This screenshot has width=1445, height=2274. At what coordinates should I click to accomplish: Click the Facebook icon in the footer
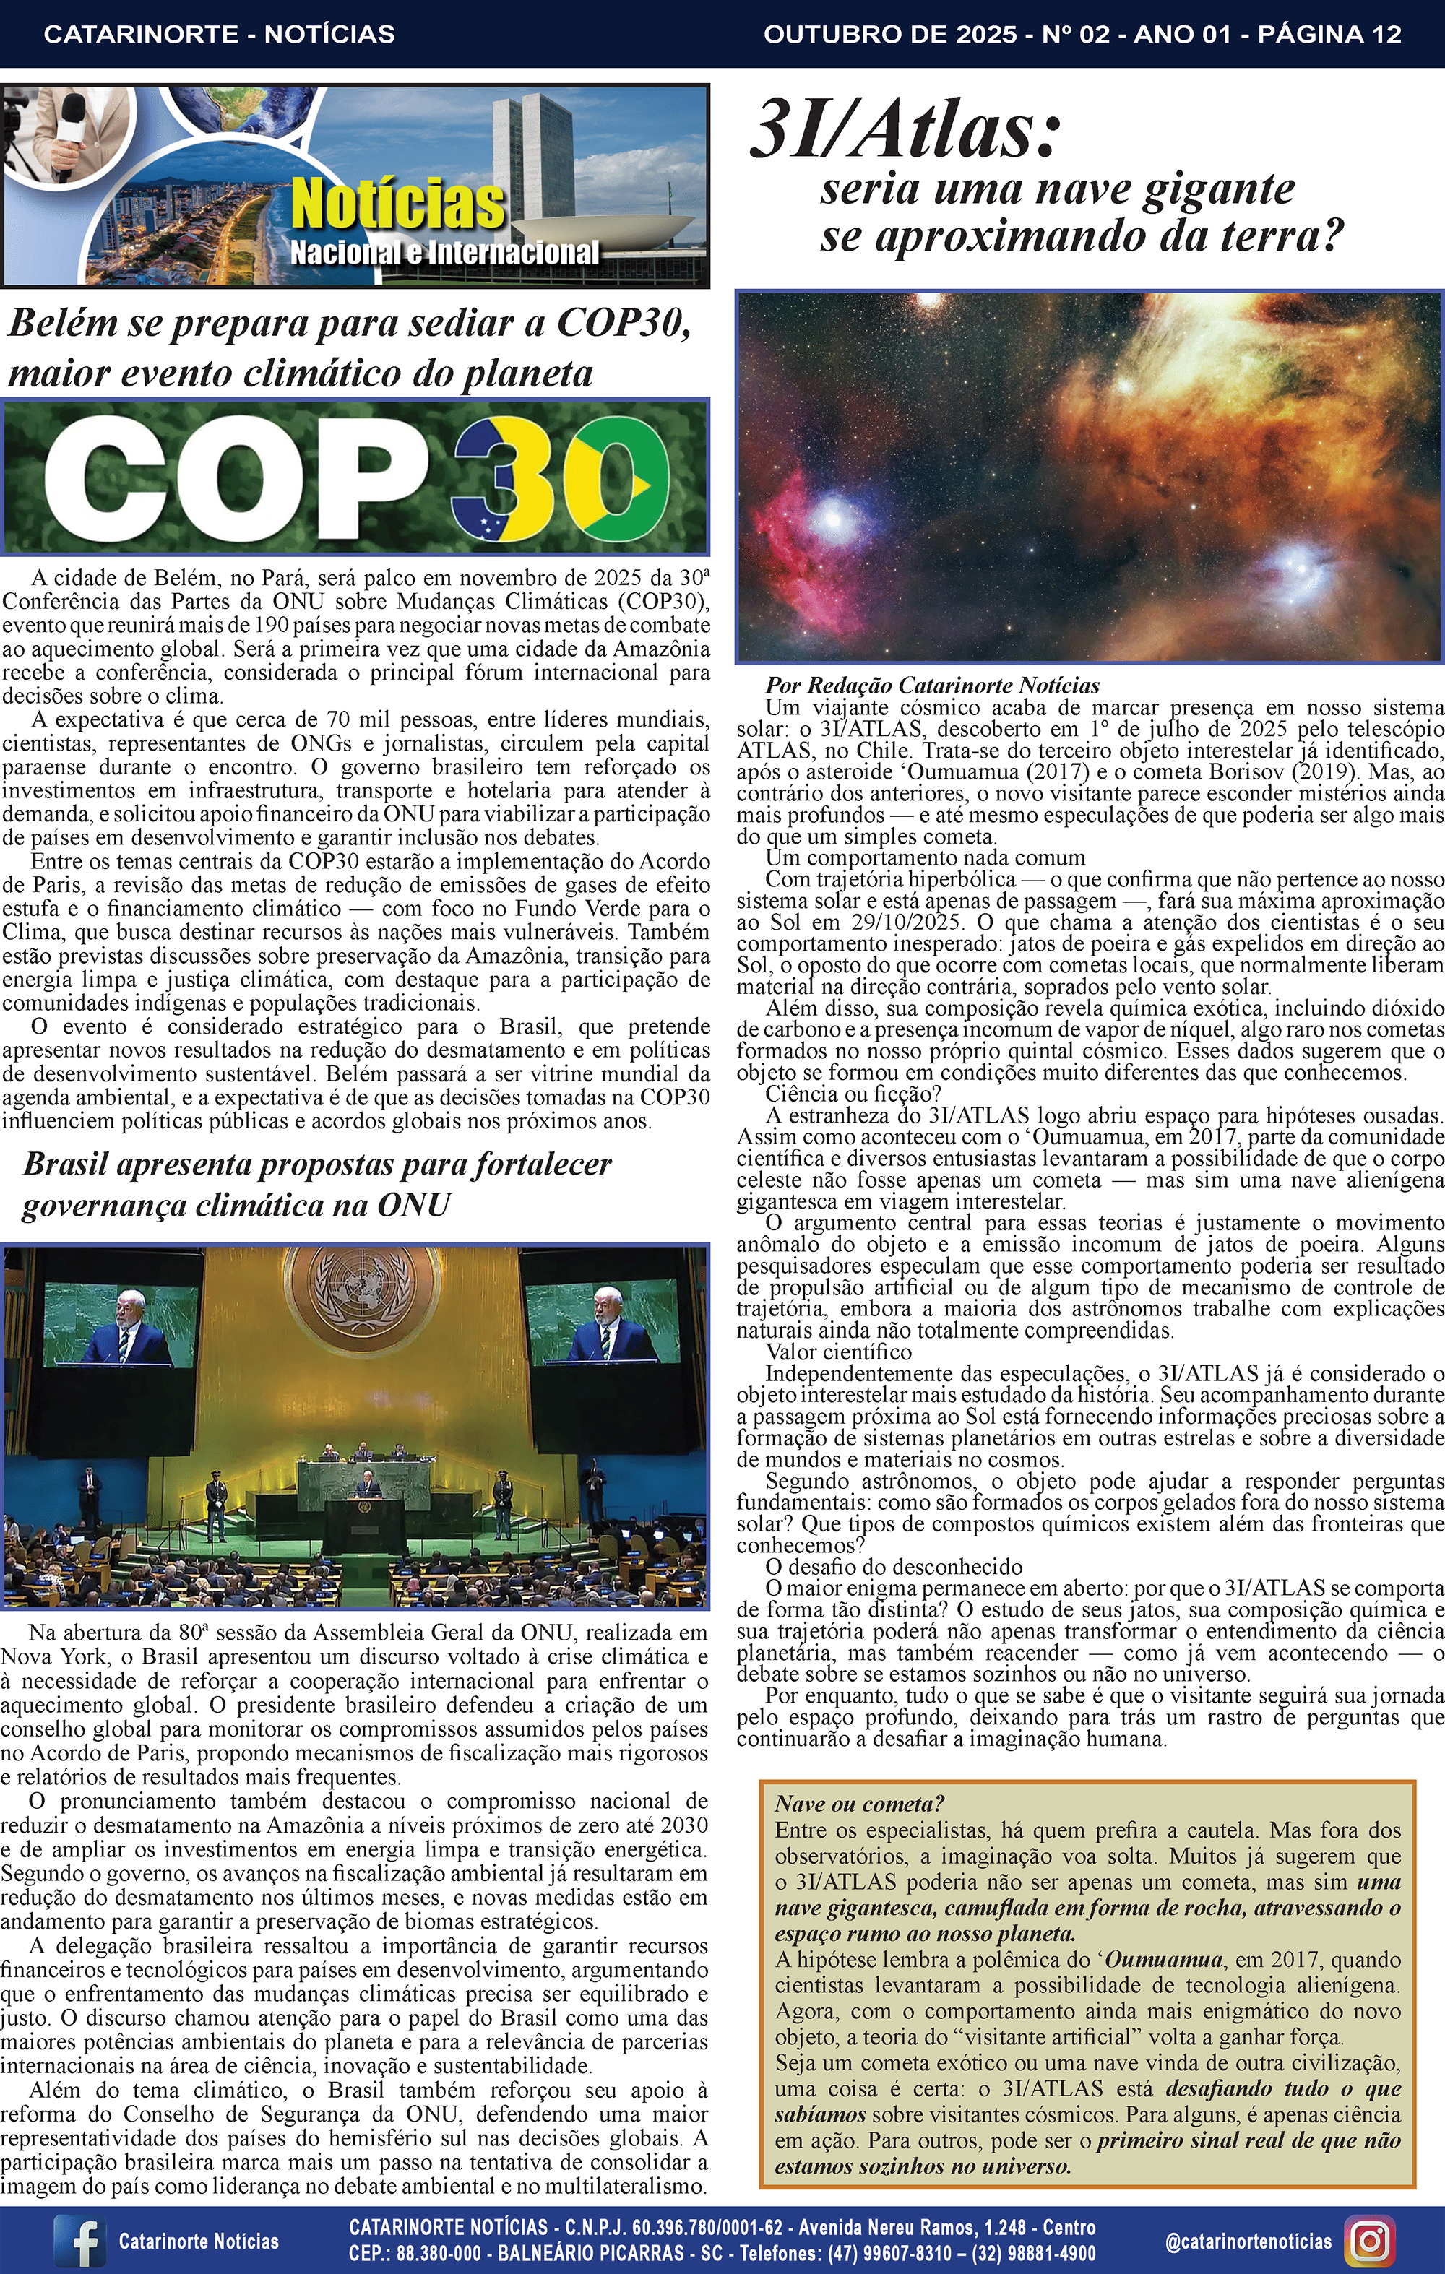point(79,2241)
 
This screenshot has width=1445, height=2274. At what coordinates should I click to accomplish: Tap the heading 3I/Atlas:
point(905,132)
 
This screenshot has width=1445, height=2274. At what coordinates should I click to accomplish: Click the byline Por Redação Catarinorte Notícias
point(931,685)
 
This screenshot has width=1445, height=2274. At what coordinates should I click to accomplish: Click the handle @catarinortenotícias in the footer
point(1248,2240)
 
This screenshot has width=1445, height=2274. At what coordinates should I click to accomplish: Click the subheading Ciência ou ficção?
point(854,1094)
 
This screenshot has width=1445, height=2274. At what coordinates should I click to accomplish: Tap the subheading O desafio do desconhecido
point(894,1567)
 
